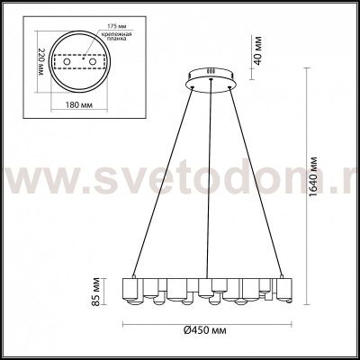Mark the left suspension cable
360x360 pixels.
(162, 180)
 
